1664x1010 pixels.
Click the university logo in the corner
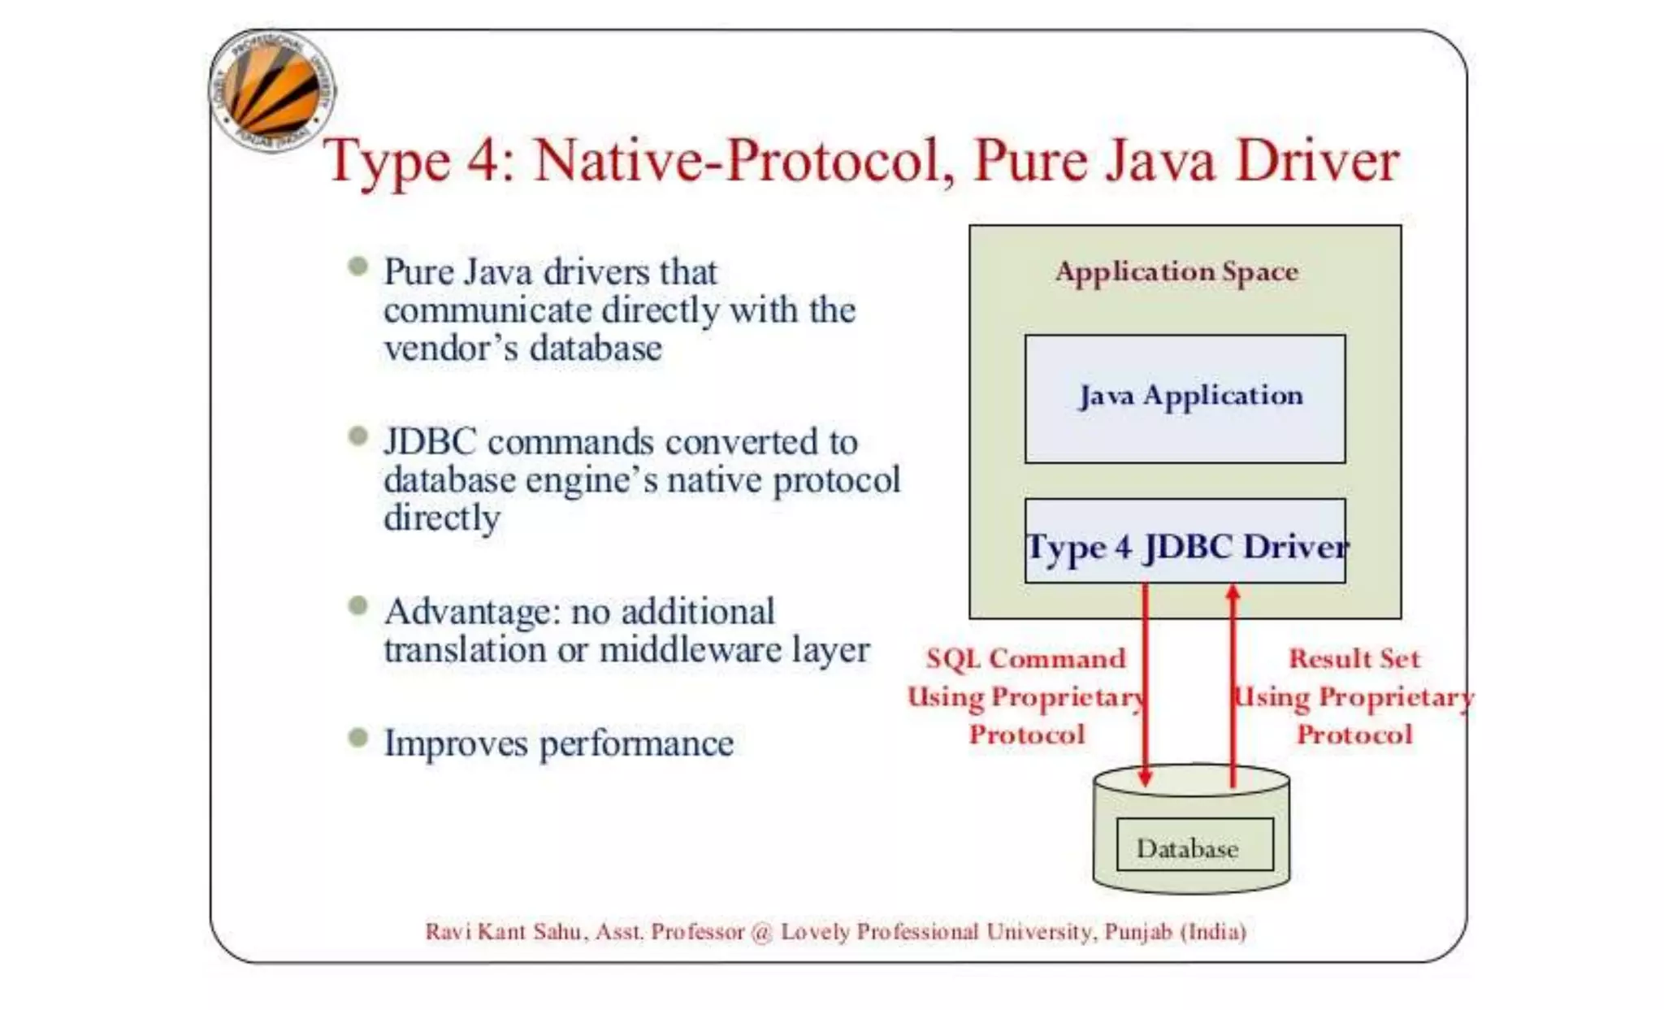272,91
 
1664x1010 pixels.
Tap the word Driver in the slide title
1317,160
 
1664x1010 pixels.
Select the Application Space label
1176,271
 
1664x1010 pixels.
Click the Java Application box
1185,398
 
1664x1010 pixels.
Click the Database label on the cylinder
1187,848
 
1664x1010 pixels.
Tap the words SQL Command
1026,658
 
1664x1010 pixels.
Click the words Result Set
1354,658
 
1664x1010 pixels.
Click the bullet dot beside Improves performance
357,738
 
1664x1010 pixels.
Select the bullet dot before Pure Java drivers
357,267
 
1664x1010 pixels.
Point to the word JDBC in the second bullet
430,442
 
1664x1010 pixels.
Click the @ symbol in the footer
761,932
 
